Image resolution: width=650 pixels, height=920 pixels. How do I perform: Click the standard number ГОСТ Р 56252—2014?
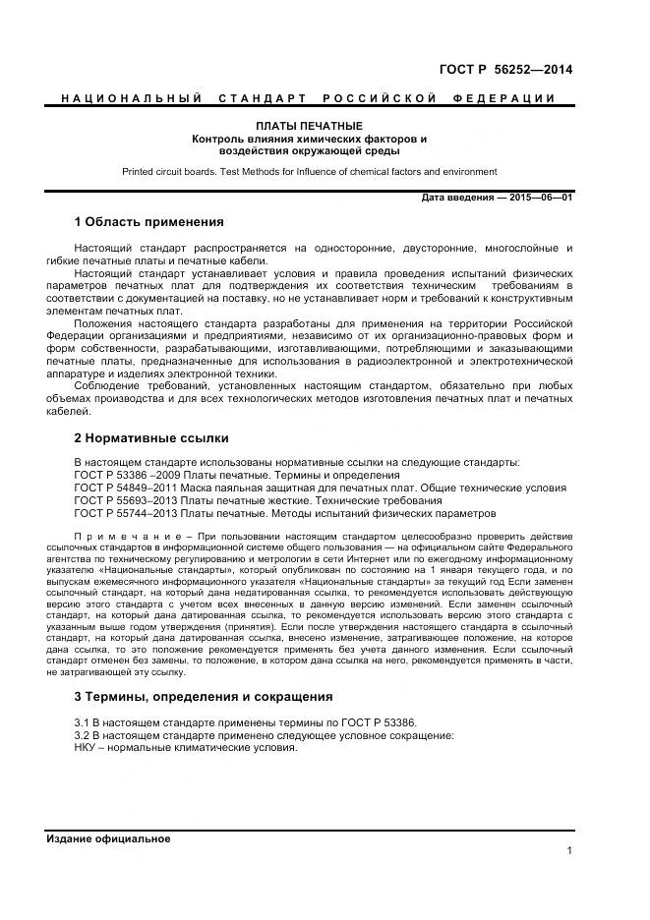click(x=505, y=69)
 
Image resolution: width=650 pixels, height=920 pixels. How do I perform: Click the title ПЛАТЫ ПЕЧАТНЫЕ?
click(x=310, y=127)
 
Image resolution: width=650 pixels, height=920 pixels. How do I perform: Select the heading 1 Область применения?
click(x=148, y=221)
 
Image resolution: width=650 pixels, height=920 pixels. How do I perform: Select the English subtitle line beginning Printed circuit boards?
click(x=310, y=172)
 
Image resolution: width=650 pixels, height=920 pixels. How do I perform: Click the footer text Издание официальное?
click(x=108, y=838)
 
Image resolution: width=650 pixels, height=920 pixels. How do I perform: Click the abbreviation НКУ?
click(x=88, y=748)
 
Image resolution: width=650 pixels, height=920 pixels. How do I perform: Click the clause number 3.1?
click(x=83, y=722)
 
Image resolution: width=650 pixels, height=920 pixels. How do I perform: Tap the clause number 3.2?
click(x=83, y=735)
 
